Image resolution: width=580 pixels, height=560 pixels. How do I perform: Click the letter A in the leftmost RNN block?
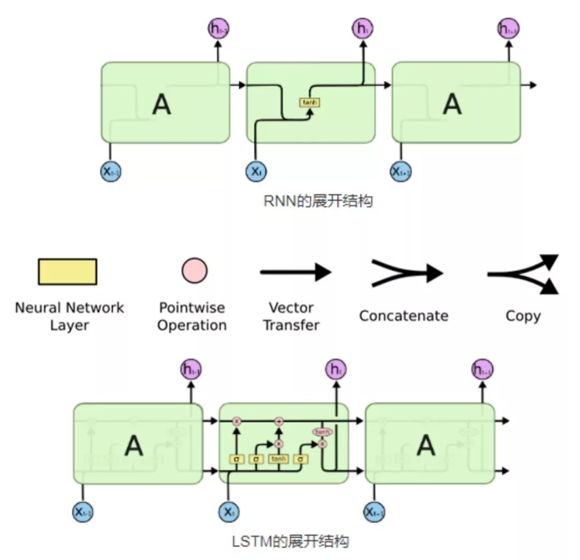pos(162,104)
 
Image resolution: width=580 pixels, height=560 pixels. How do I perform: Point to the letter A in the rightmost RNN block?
pos(452,104)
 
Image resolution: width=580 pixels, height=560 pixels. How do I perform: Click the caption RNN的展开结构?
pos(318,201)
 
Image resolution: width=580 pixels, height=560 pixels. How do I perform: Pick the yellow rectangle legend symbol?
pos(67,271)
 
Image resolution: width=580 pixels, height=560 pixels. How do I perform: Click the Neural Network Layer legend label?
pos(69,316)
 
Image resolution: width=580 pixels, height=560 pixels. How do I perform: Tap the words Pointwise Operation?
pos(192,316)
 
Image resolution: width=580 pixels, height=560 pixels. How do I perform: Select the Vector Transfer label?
pos(292,316)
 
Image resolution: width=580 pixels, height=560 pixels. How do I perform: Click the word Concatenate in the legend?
pos(403,315)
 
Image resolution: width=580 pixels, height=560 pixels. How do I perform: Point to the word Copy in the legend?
pos(523,315)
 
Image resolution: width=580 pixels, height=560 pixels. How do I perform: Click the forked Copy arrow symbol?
pos(524,274)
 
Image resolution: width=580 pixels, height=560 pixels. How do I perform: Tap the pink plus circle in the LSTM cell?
pos(279,422)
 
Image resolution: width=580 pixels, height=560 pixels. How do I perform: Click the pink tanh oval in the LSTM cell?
pos(322,432)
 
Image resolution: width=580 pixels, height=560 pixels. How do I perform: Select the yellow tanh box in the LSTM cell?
pos(279,459)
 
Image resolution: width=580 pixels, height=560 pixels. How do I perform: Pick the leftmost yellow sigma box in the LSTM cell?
pos(237,459)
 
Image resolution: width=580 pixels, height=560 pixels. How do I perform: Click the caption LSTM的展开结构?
pos(291,541)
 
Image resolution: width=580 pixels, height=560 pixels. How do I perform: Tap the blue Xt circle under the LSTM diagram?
pos(229,512)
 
